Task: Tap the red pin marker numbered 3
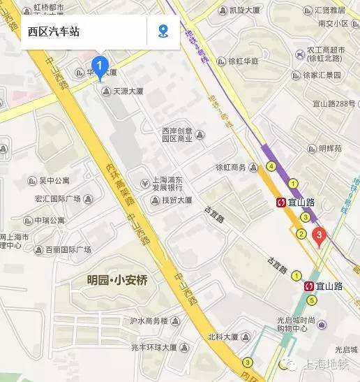(x=319, y=236)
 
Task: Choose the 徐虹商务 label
(x=231, y=168)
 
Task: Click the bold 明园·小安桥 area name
(x=117, y=280)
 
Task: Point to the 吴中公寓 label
(x=54, y=180)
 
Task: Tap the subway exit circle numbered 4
(x=271, y=166)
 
